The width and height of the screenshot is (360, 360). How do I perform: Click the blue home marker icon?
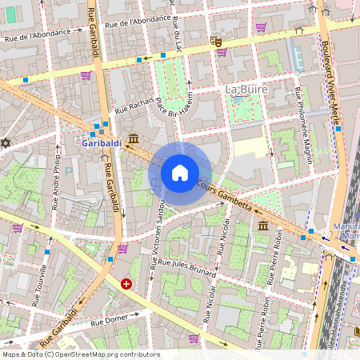180,173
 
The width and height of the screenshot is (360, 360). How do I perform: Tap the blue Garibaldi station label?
102,143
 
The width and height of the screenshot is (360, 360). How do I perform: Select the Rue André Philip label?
56,185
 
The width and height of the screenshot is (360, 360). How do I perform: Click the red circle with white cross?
126,283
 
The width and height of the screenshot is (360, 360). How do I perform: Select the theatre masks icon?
216,40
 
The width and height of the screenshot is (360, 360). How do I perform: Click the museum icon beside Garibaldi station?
133,138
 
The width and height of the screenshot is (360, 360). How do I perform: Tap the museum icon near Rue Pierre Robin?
263,227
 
